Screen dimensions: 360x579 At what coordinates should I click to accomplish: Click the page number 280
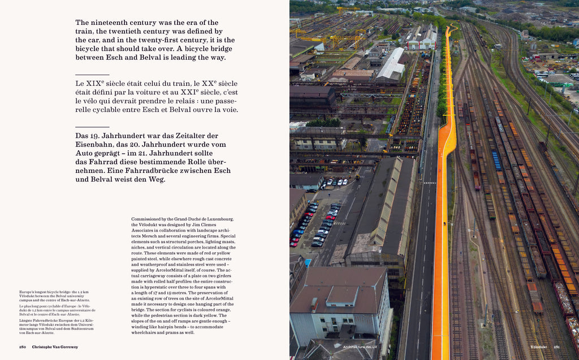[23, 346]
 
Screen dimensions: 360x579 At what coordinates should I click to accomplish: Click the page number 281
[556, 346]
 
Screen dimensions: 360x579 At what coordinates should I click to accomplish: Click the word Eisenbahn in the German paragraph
[95, 145]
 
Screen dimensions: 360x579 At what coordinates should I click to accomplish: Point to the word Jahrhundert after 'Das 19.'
[129, 136]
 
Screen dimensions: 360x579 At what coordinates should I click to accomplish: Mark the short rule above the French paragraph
[92, 75]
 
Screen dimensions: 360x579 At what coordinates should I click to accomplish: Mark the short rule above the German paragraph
[92, 127]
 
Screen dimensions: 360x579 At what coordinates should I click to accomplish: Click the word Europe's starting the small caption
[28, 292]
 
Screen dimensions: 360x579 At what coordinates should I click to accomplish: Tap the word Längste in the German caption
[27, 320]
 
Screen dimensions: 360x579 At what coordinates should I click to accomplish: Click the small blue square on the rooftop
[308, 262]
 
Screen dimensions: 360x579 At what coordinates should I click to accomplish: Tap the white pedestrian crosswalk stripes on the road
[430, 183]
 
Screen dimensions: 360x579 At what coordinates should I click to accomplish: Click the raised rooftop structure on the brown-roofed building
[342, 295]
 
